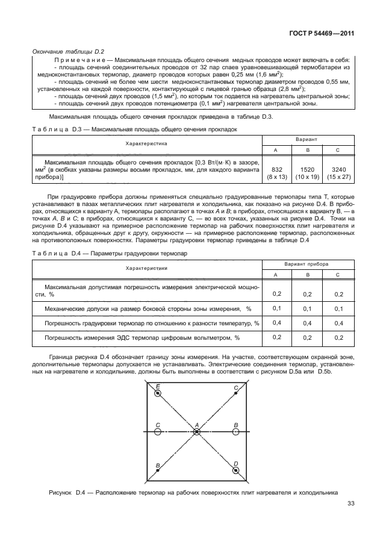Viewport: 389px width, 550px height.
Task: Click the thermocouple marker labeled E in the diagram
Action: (158, 393)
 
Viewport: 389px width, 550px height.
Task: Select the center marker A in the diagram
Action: (197, 432)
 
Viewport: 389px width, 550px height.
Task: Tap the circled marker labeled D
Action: (235, 470)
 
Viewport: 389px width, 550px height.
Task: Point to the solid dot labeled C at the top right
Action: (234, 394)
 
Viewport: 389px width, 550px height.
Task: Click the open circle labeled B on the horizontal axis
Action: (236, 432)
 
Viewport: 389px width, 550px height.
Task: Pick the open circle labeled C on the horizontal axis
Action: (157, 432)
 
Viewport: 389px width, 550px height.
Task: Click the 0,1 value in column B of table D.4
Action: (307, 308)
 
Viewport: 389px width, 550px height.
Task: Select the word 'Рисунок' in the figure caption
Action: (61, 493)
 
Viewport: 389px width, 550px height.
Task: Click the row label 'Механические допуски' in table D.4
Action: (78, 308)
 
